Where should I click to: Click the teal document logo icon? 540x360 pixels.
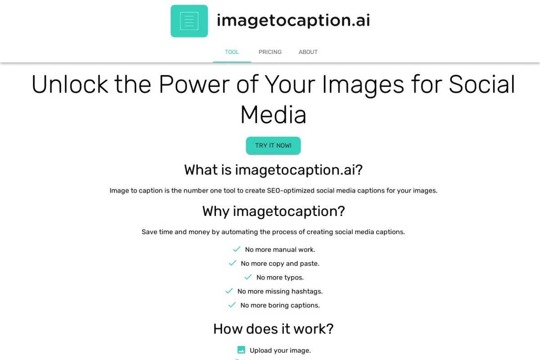189,21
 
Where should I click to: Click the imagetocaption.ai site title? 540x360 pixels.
293,20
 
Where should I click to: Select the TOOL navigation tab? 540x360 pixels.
232,52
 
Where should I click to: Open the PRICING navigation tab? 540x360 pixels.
270,52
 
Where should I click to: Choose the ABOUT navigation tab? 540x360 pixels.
308,52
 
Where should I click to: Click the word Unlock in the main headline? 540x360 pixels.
70,84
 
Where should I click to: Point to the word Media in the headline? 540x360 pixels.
273,115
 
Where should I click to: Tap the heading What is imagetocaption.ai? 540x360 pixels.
273,170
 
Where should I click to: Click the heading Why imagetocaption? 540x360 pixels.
273,211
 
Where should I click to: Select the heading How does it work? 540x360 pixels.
273,329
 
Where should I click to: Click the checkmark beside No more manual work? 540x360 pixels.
237,249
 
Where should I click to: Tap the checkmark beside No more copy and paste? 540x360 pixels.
233,263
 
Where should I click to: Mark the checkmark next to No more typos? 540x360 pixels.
248,277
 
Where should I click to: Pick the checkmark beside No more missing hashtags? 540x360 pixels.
229,291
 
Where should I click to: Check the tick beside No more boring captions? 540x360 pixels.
232,305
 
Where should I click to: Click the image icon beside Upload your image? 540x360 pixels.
241,350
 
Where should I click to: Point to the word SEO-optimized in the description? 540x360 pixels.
291,191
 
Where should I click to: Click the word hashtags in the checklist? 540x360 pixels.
307,292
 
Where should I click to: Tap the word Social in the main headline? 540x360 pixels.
482,84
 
